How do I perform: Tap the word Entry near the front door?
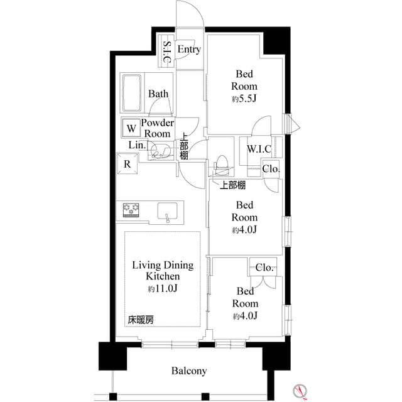coord(189,49)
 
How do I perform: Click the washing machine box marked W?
coord(131,128)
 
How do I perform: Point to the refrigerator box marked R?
coord(127,165)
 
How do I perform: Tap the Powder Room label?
coord(157,128)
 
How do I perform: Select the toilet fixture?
coord(222,165)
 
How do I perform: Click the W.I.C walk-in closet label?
coord(259,149)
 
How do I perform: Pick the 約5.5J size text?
coord(242,99)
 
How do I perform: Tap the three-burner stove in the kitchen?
coord(131,209)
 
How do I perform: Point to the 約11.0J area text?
coord(163,289)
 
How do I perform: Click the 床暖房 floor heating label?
coord(141,320)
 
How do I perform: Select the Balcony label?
coord(189,371)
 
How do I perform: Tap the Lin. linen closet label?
coord(137,145)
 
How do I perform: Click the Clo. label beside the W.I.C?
coord(271,168)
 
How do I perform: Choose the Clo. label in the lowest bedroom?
coord(264,267)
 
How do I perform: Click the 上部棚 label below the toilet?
coord(232,185)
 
